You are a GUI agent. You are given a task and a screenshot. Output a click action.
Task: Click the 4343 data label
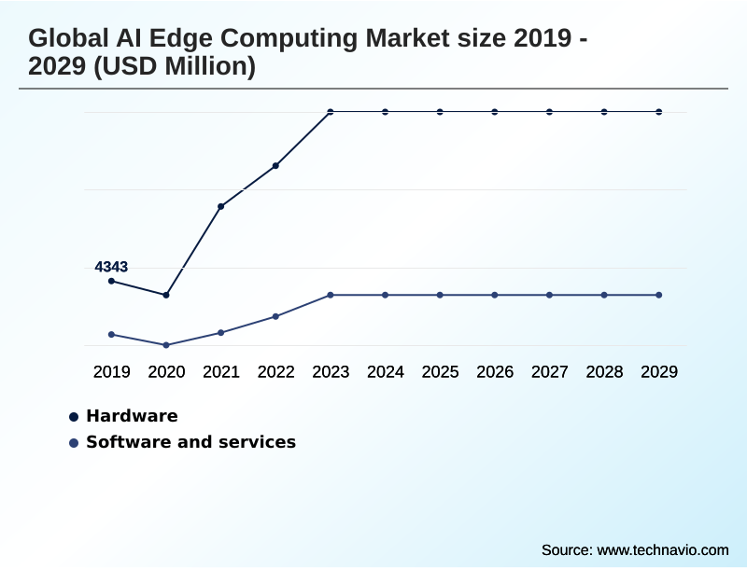[x=111, y=267]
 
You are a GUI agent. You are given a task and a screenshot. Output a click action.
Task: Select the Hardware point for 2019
[x=112, y=281]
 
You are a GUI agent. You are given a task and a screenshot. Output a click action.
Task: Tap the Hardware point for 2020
[x=166, y=295]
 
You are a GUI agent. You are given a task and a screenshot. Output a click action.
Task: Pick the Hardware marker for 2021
[x=221, y=206]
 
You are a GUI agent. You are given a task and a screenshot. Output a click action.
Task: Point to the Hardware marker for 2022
[x=275, y=166]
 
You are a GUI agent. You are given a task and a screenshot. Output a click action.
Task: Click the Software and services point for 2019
[x=112, y=334]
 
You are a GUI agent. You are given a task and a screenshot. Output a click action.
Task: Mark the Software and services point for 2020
[x=166, y=345]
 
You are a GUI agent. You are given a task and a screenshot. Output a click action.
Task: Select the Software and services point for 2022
[x=275, y=316]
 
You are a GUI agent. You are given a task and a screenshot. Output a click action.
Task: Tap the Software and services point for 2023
[x=331, y=295]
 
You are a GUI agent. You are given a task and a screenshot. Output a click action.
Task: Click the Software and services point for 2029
[x=659, y=295]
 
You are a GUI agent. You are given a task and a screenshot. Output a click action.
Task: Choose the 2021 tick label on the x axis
[x=221, y=372]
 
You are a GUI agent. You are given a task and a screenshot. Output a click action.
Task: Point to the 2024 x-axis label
[x=386, y=372]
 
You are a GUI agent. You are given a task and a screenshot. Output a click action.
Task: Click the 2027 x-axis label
[x=550, y=372]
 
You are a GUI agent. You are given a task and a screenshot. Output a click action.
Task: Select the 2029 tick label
[x=659, y=372]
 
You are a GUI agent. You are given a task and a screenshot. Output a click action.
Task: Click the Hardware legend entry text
[x=132, y=416]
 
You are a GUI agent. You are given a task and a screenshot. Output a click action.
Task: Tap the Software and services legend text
[x=190, y=442]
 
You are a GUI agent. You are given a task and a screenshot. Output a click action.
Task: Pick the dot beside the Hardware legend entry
[x=74, y=416]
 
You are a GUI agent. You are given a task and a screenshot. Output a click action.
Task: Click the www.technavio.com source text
[x=663, y=549]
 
